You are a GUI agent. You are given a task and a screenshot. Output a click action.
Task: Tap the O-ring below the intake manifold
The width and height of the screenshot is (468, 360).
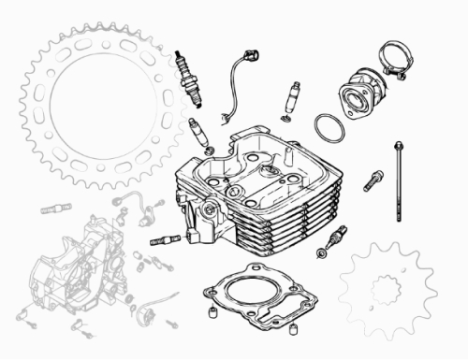[x=327, y=124]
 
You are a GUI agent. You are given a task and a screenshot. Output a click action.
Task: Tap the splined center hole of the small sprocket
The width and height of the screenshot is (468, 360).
[x=384, y=290]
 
